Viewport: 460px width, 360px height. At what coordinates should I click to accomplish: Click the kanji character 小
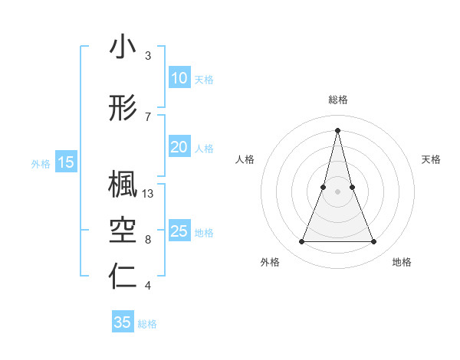click(123, 47)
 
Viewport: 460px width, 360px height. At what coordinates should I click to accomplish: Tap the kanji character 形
click(123, 109)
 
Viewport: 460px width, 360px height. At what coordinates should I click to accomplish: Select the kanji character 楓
click(123, 184)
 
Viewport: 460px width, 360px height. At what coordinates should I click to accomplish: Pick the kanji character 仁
click(123, 277)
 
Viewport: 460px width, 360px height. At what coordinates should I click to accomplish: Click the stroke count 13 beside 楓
click(148, 194)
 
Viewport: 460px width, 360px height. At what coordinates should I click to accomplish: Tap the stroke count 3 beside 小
click(148, 56)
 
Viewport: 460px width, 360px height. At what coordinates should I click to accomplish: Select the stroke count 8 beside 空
click(148, 240)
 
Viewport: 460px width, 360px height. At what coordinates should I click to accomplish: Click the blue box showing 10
click(179, 78)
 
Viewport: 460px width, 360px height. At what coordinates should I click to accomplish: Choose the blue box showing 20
click(179, 147)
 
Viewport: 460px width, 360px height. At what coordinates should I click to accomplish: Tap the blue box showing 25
click(179, 231)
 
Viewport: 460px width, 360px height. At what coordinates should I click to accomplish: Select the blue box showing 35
click(123, 322)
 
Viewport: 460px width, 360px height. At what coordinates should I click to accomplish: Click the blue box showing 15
click(66, 162)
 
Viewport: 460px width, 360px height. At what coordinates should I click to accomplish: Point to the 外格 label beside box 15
click(41, 163)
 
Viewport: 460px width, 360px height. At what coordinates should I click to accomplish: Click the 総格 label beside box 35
click(147, 324)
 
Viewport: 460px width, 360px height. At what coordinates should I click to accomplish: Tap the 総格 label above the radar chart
click(337, 100)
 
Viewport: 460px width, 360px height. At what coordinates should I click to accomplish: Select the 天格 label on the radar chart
click(432, 159)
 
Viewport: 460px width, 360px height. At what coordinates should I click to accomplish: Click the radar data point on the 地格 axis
click(374, 242)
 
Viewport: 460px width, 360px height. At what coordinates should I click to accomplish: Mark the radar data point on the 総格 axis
click(337, 129)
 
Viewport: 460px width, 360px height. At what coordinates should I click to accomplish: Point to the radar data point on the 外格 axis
click(301, 242)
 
